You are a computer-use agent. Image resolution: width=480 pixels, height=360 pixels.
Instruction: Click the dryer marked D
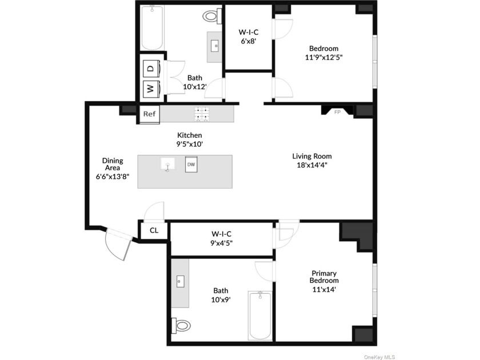point(151,69)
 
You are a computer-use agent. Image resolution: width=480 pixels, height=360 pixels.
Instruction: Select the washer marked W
point(151,89)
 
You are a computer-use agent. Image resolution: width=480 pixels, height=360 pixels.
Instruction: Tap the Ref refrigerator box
point(149,114)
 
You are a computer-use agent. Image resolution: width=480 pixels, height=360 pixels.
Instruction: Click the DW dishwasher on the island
point(191,165)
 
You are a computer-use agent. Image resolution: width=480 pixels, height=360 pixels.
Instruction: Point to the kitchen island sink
point(168,164)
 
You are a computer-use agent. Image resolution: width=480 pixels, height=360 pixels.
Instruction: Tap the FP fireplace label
point(337,113)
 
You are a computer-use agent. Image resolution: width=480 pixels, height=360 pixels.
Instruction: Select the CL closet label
point(154,230)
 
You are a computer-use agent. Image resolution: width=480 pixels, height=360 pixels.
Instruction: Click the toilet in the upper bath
point(212,15)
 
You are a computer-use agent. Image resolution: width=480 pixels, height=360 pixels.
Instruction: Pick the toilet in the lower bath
point(181,325)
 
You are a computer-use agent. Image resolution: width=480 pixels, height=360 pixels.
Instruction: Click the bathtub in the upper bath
point(152,27)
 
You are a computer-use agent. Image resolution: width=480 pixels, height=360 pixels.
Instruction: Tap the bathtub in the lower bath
point(260,315)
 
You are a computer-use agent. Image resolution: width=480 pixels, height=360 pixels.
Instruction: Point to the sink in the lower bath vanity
point(181,281)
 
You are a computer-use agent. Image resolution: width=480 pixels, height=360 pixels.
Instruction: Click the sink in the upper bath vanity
point(215,46)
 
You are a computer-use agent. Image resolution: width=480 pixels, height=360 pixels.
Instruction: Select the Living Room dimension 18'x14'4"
point(312,165)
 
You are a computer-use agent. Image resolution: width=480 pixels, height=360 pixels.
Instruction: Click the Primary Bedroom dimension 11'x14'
point(324,289)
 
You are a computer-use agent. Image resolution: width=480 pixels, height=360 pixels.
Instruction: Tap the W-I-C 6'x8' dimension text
point(248,41)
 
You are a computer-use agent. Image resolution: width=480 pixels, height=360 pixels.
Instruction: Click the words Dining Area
point(113,164)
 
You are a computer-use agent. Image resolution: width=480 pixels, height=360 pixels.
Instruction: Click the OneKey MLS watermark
point(379,357)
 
